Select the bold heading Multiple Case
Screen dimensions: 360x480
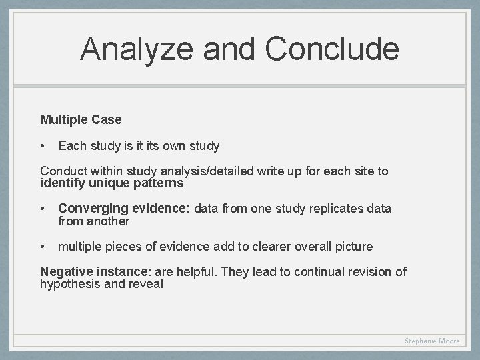coord(81,120)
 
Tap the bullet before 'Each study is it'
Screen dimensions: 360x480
coord(43,146)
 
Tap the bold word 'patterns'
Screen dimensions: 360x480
coord(159,183)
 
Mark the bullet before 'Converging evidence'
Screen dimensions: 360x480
coord(43,209)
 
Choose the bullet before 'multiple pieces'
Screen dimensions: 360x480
coord(43,247)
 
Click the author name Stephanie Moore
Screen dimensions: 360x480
coord(432,341)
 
